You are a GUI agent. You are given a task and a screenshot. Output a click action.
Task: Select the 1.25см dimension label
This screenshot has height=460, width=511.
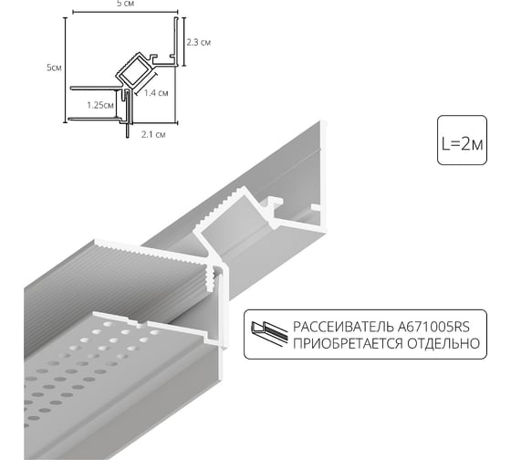[x=100, y=105]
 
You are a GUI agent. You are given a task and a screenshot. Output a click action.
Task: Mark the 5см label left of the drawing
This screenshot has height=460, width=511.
[x=56, y=68]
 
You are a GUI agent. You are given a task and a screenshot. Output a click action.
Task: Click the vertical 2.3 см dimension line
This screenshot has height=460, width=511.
[x=185, y=41]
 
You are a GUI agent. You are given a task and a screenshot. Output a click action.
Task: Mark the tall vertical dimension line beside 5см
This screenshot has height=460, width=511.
[x=66, y=68]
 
